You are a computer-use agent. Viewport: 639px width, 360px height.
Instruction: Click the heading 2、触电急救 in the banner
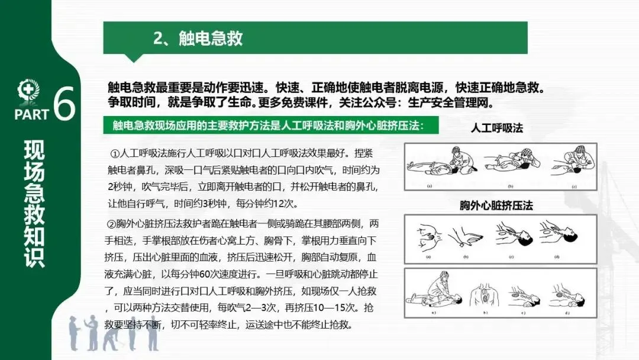pos(198,38)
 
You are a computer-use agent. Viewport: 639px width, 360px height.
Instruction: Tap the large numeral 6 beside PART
pos(64,103)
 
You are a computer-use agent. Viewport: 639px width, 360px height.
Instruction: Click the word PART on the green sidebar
pos(31,114)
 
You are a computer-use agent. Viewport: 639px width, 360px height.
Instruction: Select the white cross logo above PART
pos(28,91)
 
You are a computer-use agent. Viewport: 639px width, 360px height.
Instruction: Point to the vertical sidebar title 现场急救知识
pos(34,204)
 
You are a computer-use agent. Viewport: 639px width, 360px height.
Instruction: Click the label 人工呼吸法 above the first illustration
pos(497,128)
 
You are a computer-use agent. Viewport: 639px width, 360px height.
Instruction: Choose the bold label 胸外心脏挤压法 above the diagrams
pos(496,205)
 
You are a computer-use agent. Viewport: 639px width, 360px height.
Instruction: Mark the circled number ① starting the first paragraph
pos(115,154)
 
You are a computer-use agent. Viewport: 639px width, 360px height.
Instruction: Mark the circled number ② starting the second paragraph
pos(111,224)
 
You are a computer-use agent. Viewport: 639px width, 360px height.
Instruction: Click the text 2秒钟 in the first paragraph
pos(120,187)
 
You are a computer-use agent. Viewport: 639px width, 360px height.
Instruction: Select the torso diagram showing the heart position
pos(485,295)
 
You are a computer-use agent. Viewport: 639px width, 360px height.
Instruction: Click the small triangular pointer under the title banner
pos(134,58)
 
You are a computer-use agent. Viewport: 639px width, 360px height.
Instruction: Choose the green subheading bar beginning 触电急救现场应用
pos(270,125)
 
